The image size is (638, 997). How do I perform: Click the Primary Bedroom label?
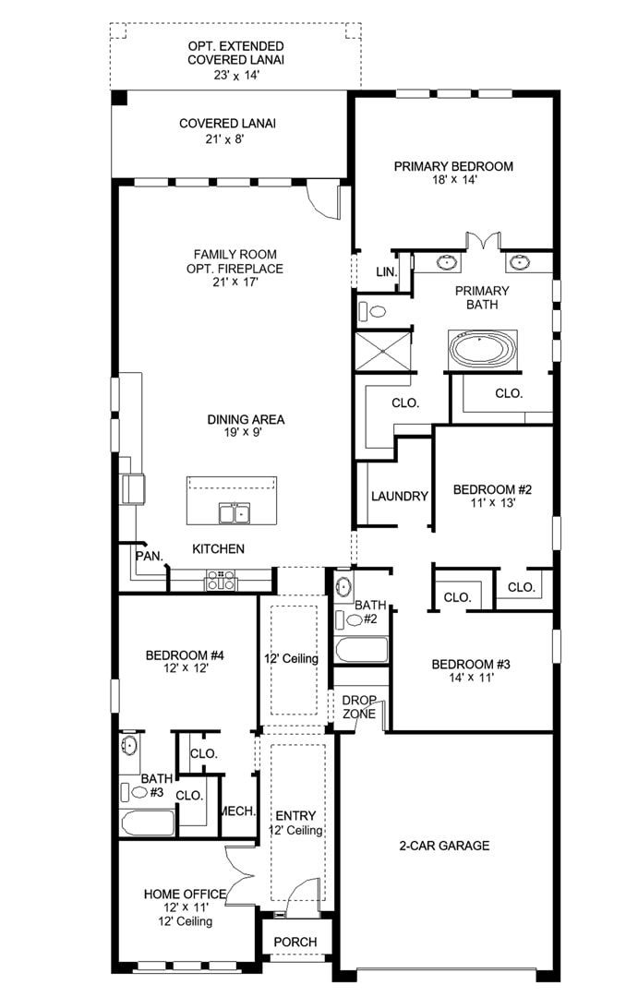click(453, 166)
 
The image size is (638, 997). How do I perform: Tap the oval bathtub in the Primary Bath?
click(483, 350)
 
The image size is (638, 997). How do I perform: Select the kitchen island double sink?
click(235, 512)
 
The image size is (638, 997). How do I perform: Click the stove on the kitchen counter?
click(221, 580)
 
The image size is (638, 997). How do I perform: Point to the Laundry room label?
click(400, 496)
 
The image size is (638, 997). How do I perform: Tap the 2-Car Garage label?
click(445, 846)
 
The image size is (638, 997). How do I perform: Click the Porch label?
click(295, 942)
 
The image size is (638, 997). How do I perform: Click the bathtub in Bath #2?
click(361, 650)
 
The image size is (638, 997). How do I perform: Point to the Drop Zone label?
click(359, 707)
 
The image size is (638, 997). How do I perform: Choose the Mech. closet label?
click(238, 811)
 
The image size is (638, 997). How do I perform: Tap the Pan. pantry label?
click(150, 556)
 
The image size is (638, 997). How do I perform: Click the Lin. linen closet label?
click(387, 272)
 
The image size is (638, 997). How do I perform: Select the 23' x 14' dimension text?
click(236, 75)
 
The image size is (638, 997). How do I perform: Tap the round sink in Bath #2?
click(343, 586)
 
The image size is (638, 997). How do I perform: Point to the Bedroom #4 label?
click(185, 655)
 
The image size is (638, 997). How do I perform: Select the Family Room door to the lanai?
click(323, 200)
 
